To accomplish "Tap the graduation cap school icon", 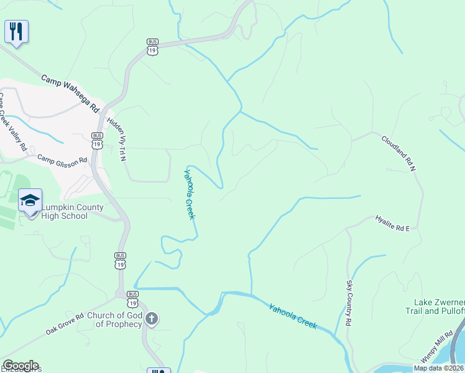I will pos(30,200).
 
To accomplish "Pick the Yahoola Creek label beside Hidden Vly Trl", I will pos(190,193).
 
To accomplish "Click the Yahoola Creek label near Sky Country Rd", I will pos(293,316).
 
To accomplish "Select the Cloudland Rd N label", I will pos(398,153).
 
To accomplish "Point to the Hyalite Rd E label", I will pos(392,224).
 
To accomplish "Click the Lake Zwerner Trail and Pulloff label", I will pos(435,306).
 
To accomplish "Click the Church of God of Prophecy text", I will pos(114,320).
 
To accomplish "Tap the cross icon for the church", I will pos(152,319).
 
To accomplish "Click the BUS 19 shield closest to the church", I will pos(132,299).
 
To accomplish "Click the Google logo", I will pos(21,366).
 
